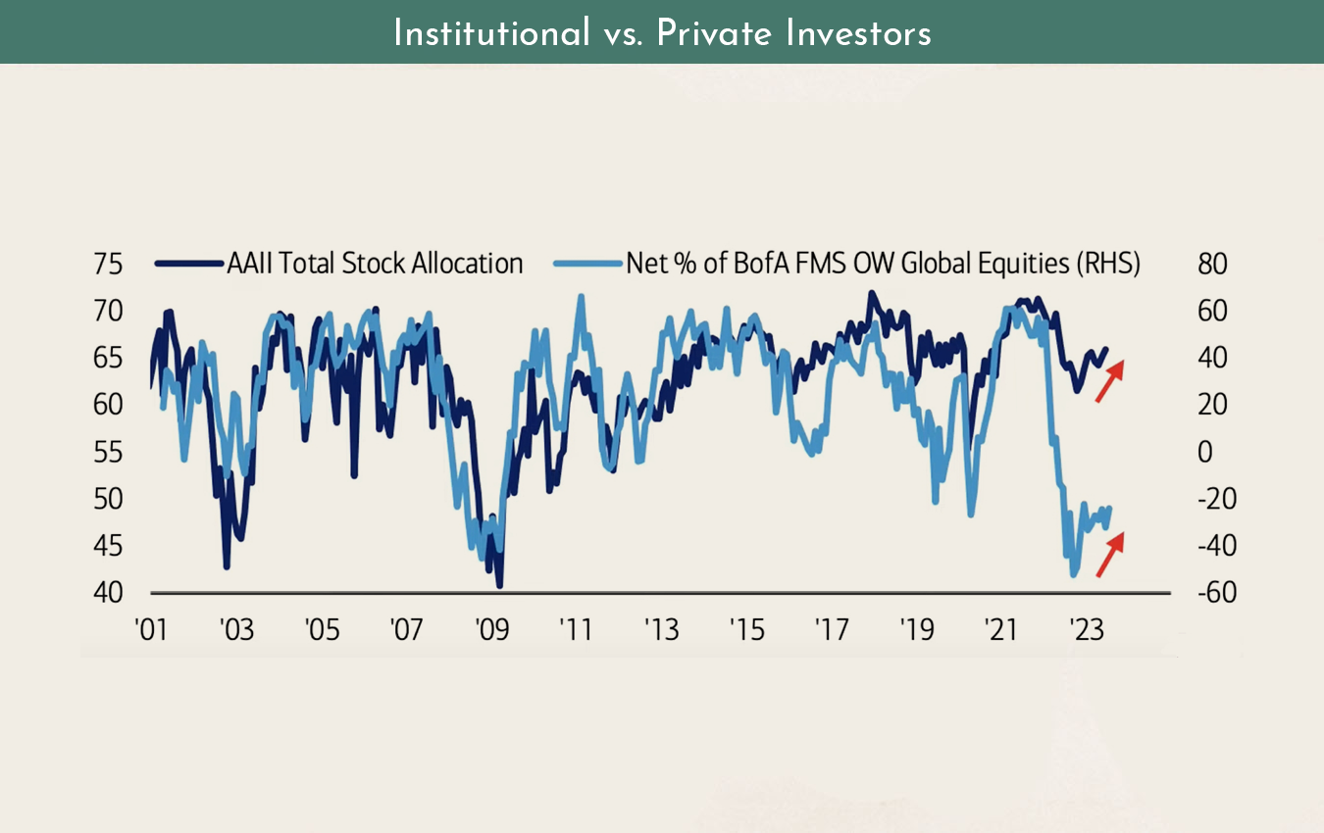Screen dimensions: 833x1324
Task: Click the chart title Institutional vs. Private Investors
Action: pyautogui.click(x=662, y=33)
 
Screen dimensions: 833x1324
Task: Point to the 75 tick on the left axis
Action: pyautogui.click(x=109, y=265)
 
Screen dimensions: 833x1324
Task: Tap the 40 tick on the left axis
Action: pyautogui.click(x=109, y=593)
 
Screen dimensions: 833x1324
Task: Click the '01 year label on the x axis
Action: pyautogui.click(x=150, y=629)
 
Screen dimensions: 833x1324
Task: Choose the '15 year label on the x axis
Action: pyautogui.click(x=747, y=629)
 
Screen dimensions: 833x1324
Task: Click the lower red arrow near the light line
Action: pyautogui.click(x=1108, y=554)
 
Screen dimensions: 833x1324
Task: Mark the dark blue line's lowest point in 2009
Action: pyautogui.click(x=500, y=585)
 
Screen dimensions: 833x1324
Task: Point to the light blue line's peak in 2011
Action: pyautogui.click(x=581, y=296)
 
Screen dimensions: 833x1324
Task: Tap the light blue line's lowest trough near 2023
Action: pyautogui.click(x=1073, y=575)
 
